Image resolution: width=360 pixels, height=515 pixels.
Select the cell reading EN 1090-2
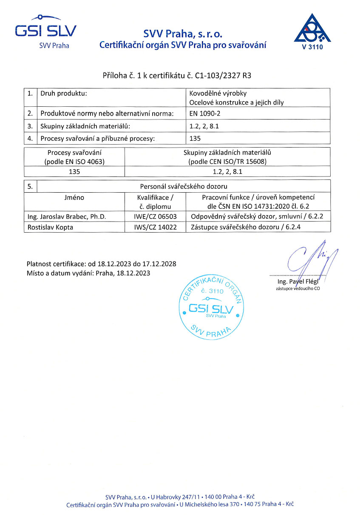(x=205, y=114)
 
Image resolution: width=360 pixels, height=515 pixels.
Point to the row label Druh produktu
(x=63, y=94)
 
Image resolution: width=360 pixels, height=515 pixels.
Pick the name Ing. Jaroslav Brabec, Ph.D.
(x=67, y=216)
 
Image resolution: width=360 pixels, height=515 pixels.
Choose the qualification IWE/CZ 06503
(x=155, y=216)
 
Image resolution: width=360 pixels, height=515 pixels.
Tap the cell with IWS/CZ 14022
(x=155, y=227)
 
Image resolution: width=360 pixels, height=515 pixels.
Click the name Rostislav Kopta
(x=50, y=227)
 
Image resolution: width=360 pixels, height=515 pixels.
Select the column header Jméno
(x=74, y=197)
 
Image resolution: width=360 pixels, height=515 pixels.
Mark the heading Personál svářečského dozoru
(x=184, y=186)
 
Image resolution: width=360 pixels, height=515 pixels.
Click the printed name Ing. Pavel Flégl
(x=297, y=282)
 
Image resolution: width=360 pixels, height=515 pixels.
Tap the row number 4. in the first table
(x=30, y=138)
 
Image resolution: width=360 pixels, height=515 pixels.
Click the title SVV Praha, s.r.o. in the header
(x=183, y=34)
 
